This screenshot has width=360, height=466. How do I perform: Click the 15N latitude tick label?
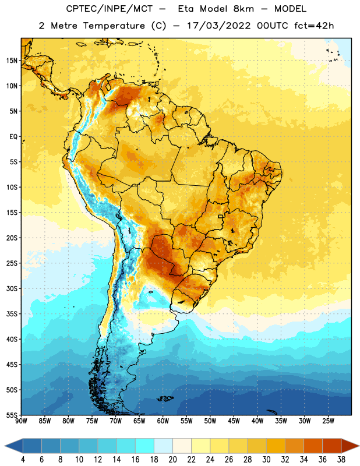[12, 61]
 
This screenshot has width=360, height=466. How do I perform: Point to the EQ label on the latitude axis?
[13, 137]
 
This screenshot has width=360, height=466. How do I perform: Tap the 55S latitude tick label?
[12, 415]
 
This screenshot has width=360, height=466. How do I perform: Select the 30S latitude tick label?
[12, 288]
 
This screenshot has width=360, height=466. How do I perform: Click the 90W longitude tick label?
[21, 421]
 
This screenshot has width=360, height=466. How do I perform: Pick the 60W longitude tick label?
[163, 421]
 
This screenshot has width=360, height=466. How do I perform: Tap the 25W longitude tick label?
[328, 421]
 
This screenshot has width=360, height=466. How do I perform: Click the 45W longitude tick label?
[234, 421]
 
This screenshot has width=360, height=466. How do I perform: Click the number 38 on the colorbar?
[341, 460]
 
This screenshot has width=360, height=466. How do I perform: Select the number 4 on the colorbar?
[23, 460]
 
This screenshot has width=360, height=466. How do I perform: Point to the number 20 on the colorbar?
[172, 460]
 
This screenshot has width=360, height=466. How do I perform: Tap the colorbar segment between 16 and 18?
[145, 446]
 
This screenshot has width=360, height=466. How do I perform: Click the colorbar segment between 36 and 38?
[332, 446]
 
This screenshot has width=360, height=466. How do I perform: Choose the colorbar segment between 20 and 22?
[182, 446]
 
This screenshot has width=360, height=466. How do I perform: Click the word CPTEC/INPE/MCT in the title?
[110, 9]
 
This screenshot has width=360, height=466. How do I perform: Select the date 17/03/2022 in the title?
[219, 26]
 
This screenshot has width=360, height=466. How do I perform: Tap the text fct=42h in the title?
[314, 26]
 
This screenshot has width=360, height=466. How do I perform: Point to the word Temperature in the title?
[114, 26]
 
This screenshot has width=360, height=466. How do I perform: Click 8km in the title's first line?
[243, 9]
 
